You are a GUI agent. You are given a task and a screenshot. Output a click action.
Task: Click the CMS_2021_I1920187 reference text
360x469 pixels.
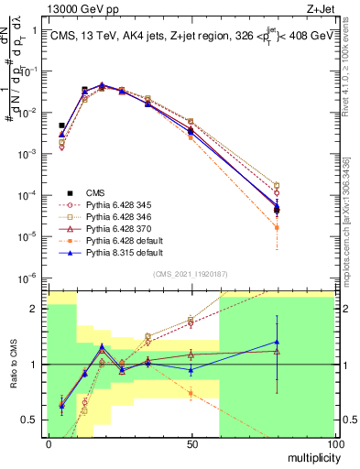click(x=191, y=273)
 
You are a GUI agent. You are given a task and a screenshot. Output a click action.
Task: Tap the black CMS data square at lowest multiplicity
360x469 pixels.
click(x=61, y=125)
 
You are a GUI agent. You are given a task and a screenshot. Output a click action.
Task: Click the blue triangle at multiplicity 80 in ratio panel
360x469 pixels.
click(x=277, y=342)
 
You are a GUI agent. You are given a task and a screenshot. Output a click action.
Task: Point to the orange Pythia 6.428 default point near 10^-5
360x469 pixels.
click(x=277, y=227)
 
